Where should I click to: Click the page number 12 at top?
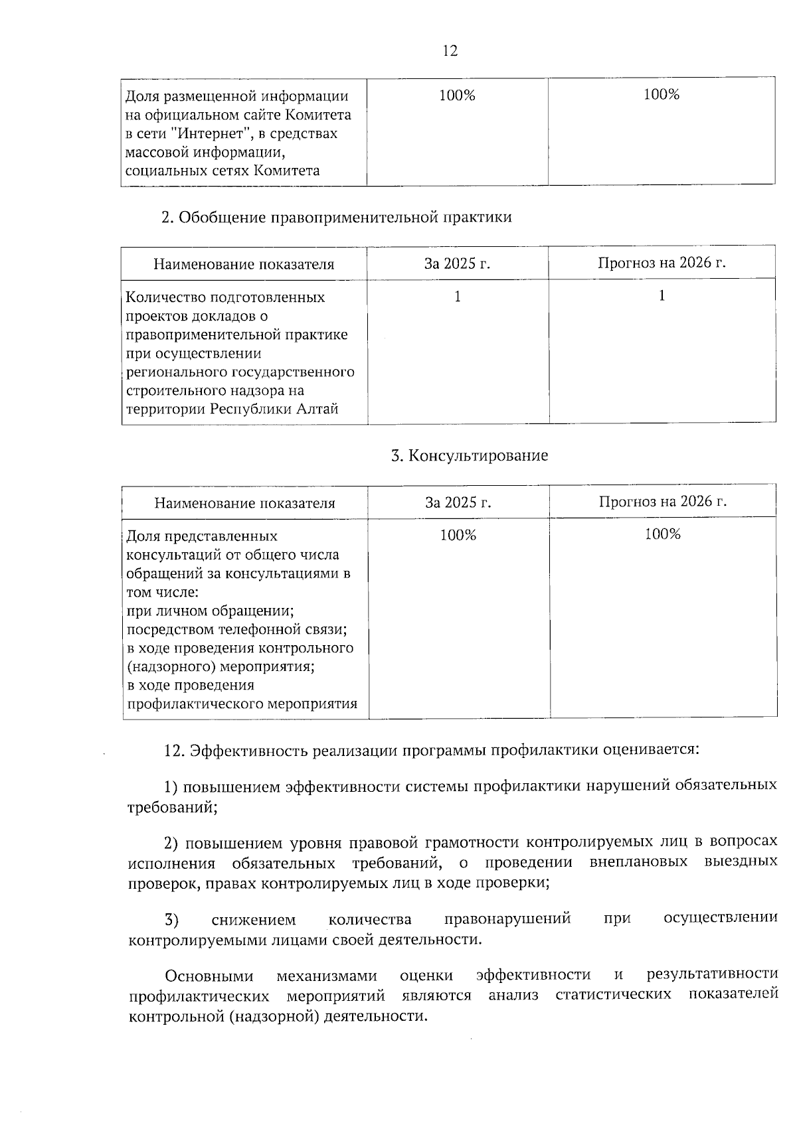pos(450,51)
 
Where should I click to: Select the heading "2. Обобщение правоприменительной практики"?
pos(337,217)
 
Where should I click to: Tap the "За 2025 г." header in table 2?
pos(457,263)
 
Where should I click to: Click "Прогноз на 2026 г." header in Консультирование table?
pos(662,501)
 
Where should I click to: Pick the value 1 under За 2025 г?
pos(457,297)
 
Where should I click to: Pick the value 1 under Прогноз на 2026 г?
pos(662,296)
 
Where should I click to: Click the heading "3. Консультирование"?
pos(470,455)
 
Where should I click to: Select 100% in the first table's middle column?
pos(457,96)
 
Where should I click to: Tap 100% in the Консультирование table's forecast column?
pos(662,534)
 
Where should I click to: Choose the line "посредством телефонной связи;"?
pos(237,629)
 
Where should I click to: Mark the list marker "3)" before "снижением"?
pos(172,920)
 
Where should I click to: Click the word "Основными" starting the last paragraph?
pos(209,976)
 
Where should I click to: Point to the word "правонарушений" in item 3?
pos(507,919)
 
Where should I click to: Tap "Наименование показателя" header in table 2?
pos(244,264)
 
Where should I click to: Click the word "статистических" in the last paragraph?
pos(614,995)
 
